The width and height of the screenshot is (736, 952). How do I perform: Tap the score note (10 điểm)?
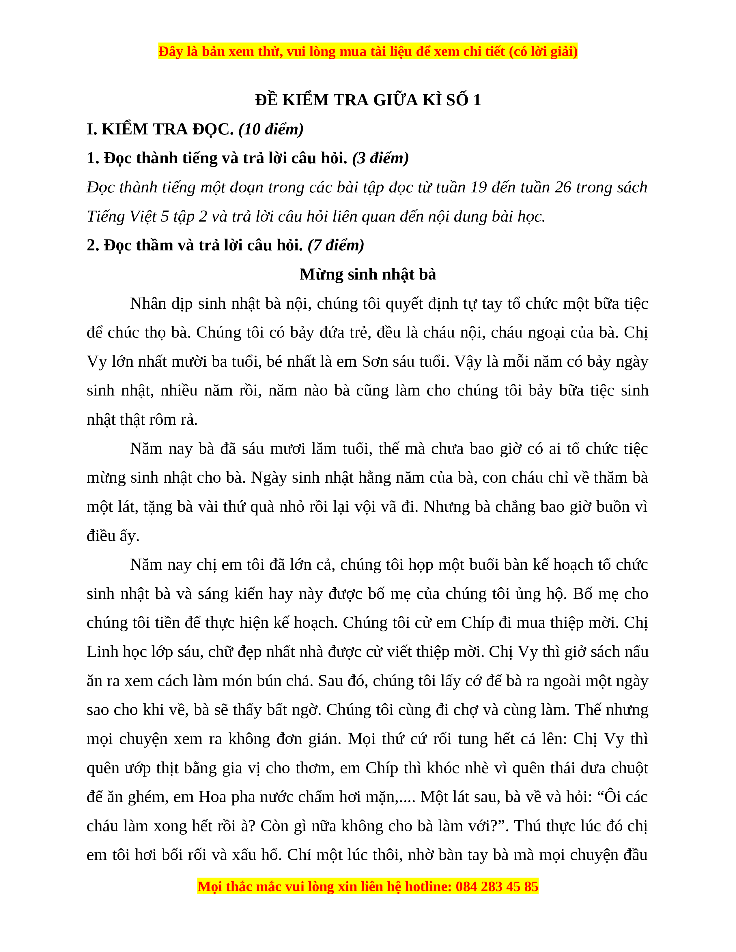(271, 130)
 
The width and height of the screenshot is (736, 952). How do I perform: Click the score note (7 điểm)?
(336, 246)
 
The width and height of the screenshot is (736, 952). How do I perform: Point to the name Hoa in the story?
(213, 797)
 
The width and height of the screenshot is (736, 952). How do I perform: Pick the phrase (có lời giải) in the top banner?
(543, 52)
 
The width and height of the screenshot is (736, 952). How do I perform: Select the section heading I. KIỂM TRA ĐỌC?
(160, 130)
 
